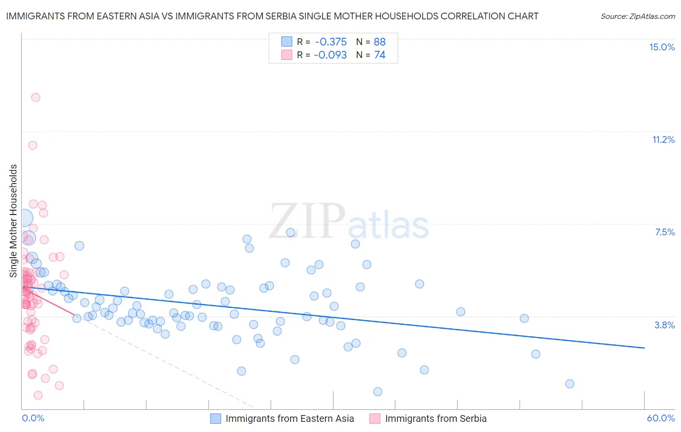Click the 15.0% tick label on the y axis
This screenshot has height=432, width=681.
coord(662,47)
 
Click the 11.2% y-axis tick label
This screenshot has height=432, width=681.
coord(663,139)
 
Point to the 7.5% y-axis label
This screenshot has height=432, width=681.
coord(665,232)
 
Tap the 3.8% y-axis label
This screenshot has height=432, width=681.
coord(665,325)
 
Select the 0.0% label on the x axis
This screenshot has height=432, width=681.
coord(33,418)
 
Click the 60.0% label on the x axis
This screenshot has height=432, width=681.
coord(661,418)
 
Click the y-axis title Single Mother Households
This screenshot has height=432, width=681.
coord(13,221)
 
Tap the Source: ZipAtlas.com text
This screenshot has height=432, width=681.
coord(637,16)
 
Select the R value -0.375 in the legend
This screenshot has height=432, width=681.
coord(330,42)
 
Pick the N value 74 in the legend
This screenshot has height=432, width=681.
coord(380,55)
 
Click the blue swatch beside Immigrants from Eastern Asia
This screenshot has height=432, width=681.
coord(216,418)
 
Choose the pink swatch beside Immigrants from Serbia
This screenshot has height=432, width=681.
coord(375,418)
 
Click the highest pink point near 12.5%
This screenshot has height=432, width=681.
coord(35,97)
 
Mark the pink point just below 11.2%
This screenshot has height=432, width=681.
coord(32,145)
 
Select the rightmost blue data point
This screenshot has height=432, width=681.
coord(570,384)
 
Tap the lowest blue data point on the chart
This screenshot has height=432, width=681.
coord(378,391)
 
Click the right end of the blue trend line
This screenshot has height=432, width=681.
coord(644,348)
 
